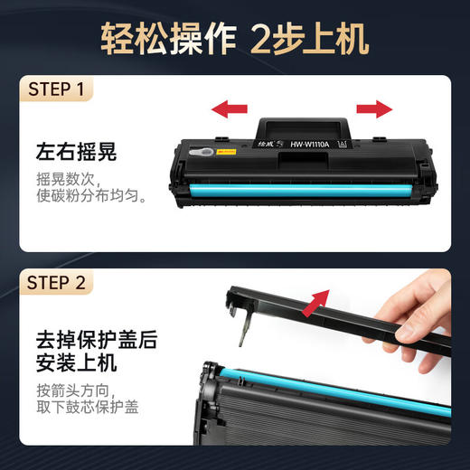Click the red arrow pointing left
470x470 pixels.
[x=230, y=109]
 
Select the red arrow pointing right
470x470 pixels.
[x=374, y=108]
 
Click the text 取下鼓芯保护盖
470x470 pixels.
[x=87, y=408]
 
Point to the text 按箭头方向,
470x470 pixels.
[x=78, y=390]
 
